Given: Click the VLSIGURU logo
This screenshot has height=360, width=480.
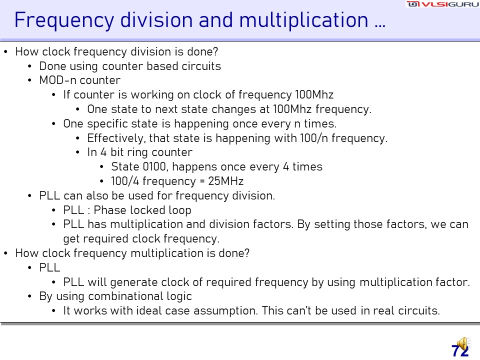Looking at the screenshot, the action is [x=442, y=4].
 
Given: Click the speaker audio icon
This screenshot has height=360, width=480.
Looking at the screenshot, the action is [x=463, y=344].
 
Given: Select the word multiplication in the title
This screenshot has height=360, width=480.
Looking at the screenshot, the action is [x=303, y=20].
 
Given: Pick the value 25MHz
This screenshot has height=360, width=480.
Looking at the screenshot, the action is [x=225, y=181].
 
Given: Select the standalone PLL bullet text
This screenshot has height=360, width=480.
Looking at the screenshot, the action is [x=49, y=267].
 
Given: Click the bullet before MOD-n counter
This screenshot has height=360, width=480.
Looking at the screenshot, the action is [x=29, y=80].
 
